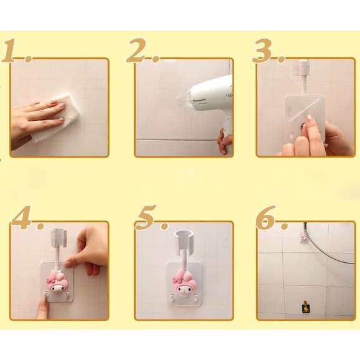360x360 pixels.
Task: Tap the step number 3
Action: pos(268,50)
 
